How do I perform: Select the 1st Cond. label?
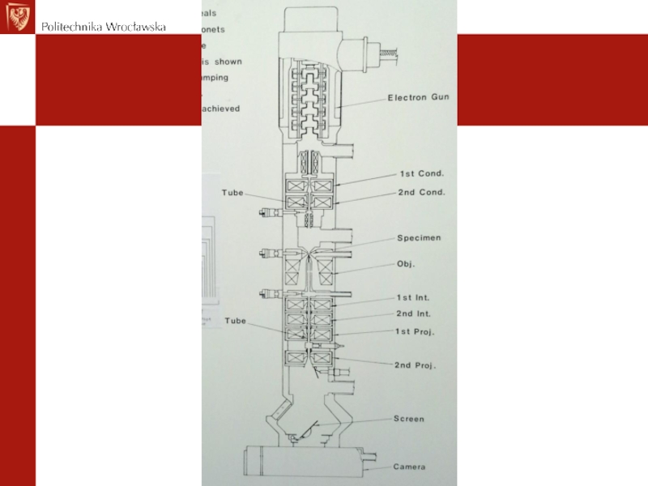(x=421, y=173)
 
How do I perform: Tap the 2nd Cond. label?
(x=421, y=193)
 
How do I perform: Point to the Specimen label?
(x=419, y=238)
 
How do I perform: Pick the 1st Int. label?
(x=413, y=299)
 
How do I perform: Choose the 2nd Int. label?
(x=414, y=313)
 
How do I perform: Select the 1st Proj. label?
(x=415, y=332)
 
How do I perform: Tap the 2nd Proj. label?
(x=416, y=365)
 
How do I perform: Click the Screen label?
(x=409, y=419)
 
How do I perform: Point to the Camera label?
(x=410, y=467)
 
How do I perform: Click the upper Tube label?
(x=233, y=193)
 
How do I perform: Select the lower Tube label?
(x=236, y=321)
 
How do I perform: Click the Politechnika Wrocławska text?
(x=104, y=27)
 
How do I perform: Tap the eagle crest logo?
(x=19, y=16)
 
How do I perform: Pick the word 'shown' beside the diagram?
(x=228, y=62)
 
